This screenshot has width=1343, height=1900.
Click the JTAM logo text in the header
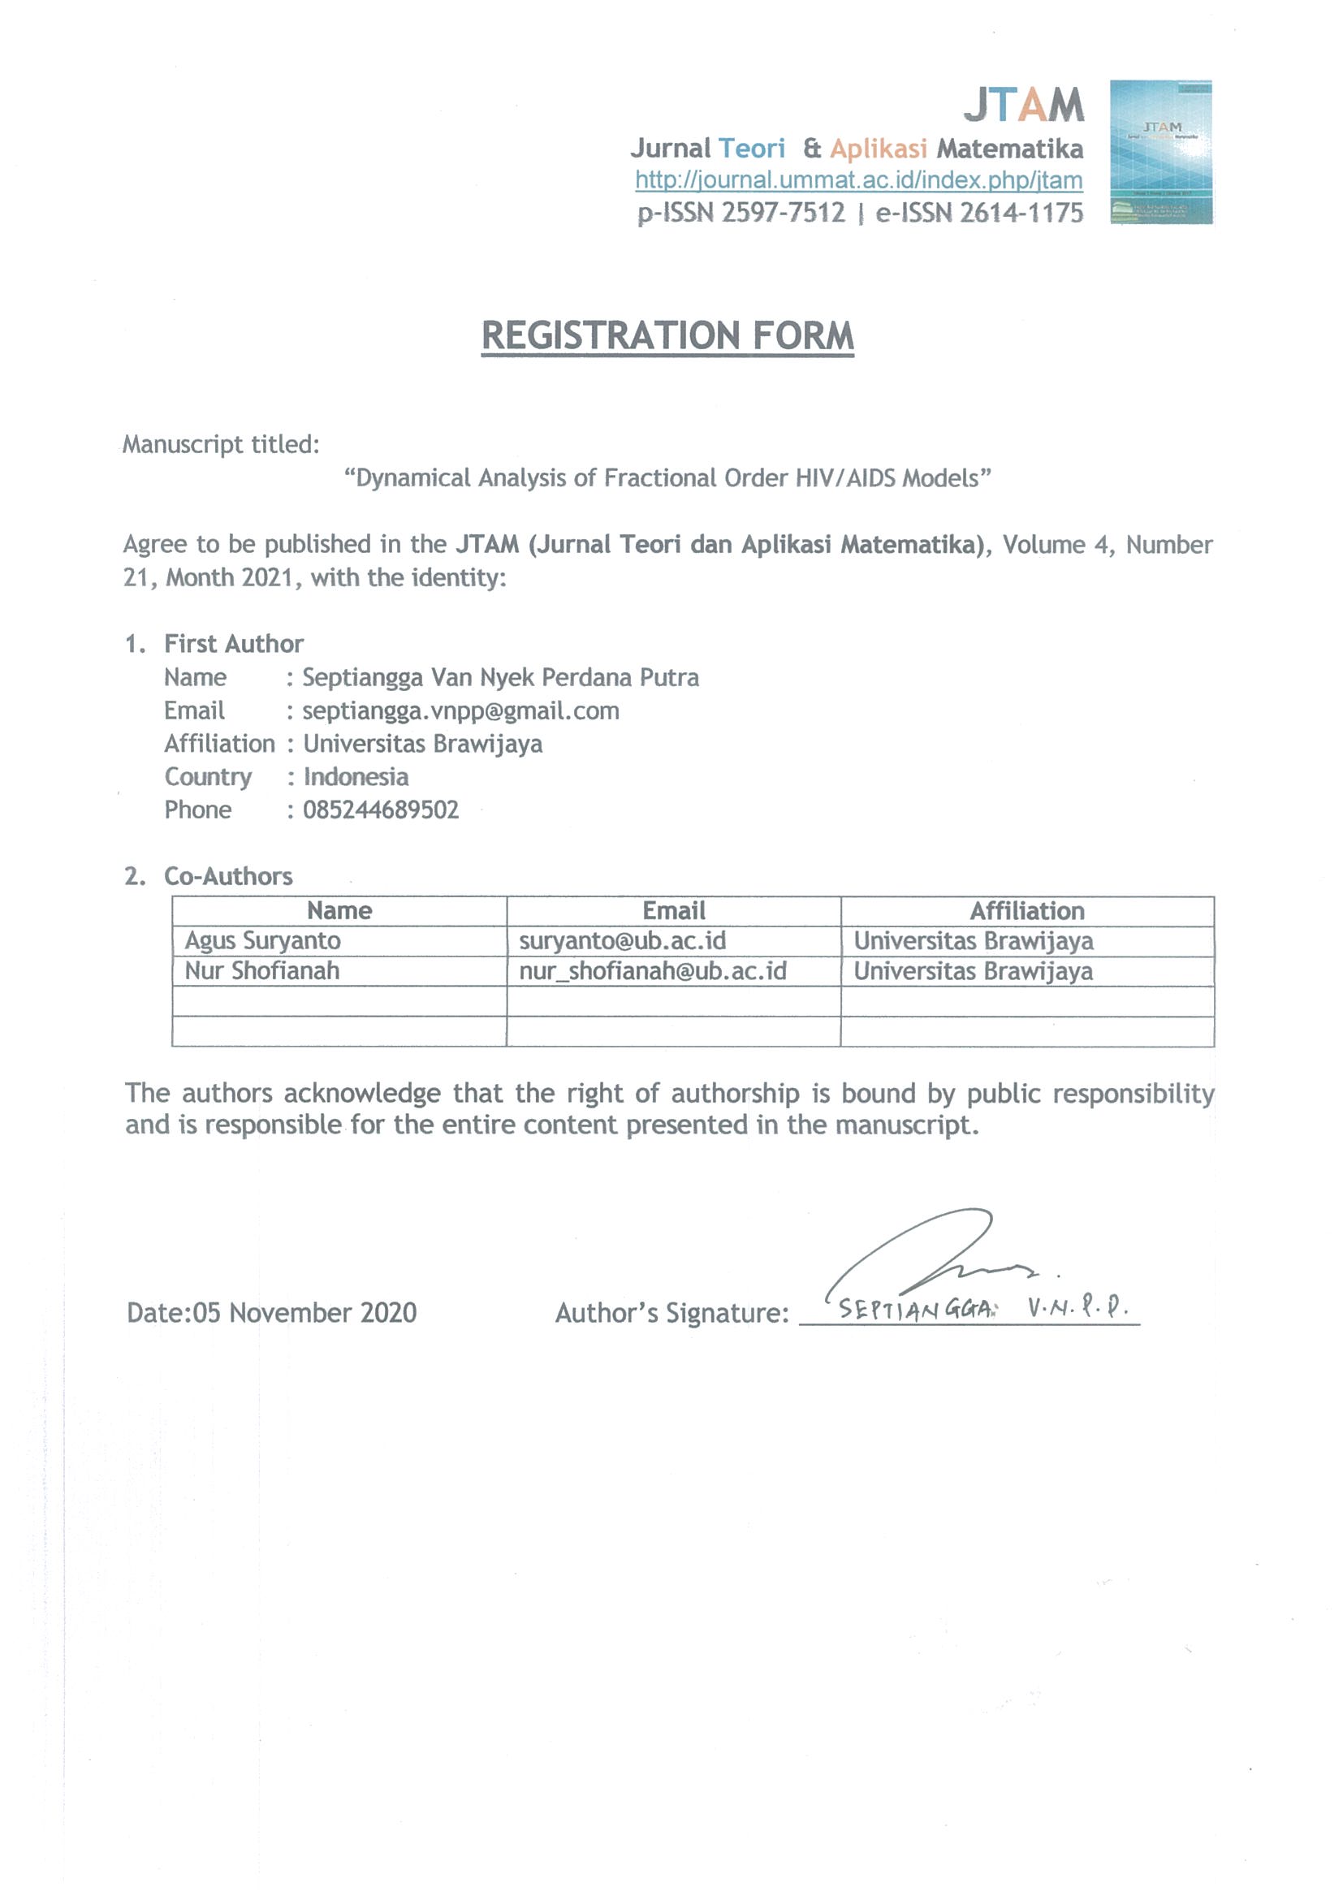click(x=1023, y=106)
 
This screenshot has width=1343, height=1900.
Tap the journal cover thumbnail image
click(x=1161, y=153)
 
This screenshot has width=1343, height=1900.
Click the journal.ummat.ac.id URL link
click(x=858, y=180)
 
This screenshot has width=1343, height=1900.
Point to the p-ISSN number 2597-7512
click(x=783, y=214)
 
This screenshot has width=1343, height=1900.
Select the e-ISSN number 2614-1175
click(x=1021, y=214)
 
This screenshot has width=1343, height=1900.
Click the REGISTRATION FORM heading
click(x=667, y=336)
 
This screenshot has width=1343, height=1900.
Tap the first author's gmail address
click(x=461, y=710)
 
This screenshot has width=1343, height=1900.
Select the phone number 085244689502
click(x=381, y=810)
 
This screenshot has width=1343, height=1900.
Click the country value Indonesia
click(x=356, y=777)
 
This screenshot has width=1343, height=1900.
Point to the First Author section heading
click(x=233, y=644)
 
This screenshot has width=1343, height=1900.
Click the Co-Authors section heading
click(x=228, y=875)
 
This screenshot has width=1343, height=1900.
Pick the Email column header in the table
click(x=674, y=911)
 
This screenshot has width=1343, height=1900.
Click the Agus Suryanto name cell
click(x=262, y=941)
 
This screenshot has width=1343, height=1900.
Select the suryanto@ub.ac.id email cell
click(x=622, y=941)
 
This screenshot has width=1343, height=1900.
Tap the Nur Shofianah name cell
click(x=262, y=970)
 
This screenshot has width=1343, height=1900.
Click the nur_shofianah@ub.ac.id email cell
click(x=653, y=970)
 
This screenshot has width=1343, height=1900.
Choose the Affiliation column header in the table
click(x=1027, y=911)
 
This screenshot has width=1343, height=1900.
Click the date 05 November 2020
click(x=304, y=1312)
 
